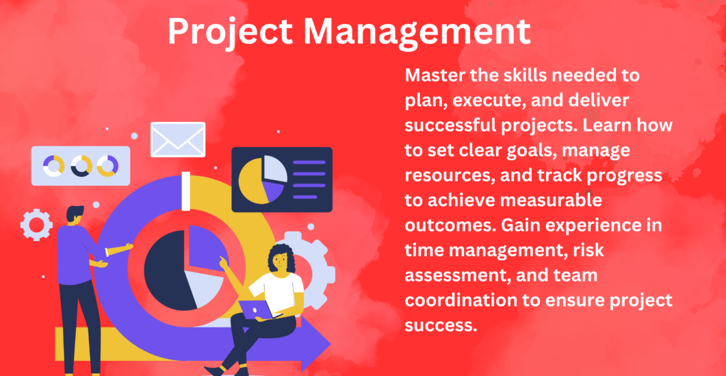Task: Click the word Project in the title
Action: coord(230,32)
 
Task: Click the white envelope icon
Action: coord(178,140)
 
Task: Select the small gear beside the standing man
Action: coord(36,225)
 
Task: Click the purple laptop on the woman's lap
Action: coord(260,310)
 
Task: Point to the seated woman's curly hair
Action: coord(283,258)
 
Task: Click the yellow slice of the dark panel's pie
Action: coord(252,181)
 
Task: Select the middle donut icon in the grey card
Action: coord(81,166)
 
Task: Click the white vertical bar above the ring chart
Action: coord(185,191)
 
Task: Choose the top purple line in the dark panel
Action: coord(309,162)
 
